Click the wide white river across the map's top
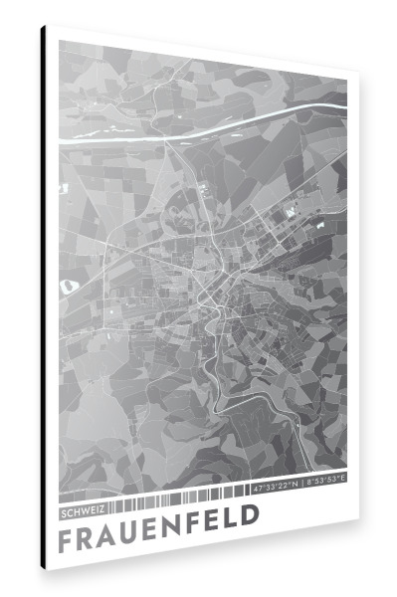(x=249, y=118)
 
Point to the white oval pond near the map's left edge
(x=68, y=287)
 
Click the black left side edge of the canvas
(x=44, y=298)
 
